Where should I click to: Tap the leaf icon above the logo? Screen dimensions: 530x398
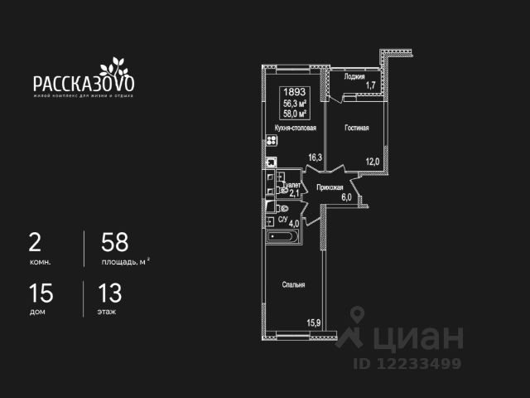[x=111, y=66]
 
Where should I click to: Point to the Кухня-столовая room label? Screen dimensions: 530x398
[x=295, y=129]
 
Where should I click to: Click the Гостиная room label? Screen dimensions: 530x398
[x=357, y=129]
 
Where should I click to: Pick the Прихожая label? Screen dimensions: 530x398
[x=330, y=187]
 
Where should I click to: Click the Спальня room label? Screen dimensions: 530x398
[x=293, y=284]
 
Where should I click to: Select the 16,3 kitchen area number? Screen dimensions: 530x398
[x=314, y=157]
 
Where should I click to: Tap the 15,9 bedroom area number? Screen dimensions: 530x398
[x=314, y=323]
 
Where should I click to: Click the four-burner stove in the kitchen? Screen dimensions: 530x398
[x=270, y=140]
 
